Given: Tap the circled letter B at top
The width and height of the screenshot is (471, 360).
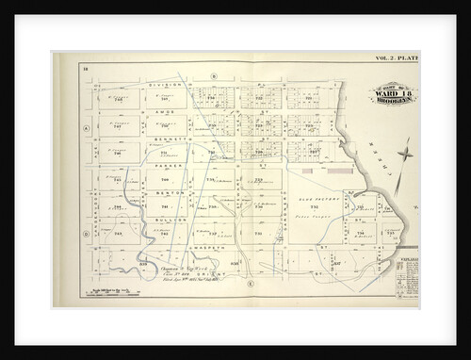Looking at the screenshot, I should point(214,74).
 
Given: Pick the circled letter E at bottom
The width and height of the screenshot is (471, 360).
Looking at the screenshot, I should point(251,282).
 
